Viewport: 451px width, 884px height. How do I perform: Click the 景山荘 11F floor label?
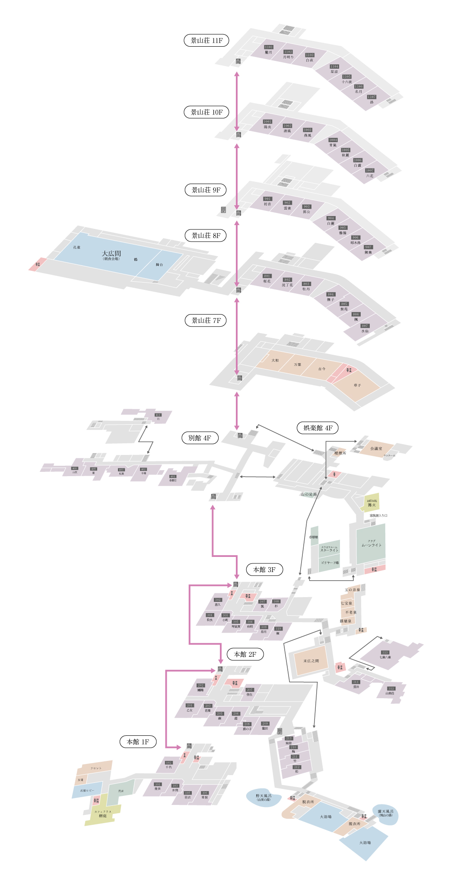(206, 41)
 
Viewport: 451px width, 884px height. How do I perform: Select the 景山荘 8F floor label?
(206, 236)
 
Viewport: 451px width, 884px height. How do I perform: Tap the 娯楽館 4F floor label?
(318, 428)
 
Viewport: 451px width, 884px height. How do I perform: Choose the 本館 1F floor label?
(138, 742)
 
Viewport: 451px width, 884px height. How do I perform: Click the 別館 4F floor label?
(200, 438)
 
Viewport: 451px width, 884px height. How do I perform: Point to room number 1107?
(372, 97)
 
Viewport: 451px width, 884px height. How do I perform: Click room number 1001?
(267, 122)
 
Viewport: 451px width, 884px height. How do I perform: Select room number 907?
(368, 248)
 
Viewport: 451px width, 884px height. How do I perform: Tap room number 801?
(267, 276)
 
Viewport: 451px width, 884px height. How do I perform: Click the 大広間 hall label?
(111, 254)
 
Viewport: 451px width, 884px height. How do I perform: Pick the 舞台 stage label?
(159, 264)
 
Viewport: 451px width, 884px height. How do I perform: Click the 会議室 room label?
(376, 449)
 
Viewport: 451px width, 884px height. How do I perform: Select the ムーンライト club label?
(372, 545)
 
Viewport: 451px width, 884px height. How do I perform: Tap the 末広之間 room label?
(311, 661)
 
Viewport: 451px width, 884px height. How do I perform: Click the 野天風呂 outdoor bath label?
(264, 796)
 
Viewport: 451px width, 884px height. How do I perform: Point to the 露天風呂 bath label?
(385, 812)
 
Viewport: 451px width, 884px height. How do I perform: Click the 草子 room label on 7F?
(357, 385)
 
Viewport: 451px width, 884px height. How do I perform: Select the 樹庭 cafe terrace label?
(103, 816)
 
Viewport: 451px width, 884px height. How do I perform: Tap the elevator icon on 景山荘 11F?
(238, 62)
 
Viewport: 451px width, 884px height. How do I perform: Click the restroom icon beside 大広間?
(38, 264)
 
